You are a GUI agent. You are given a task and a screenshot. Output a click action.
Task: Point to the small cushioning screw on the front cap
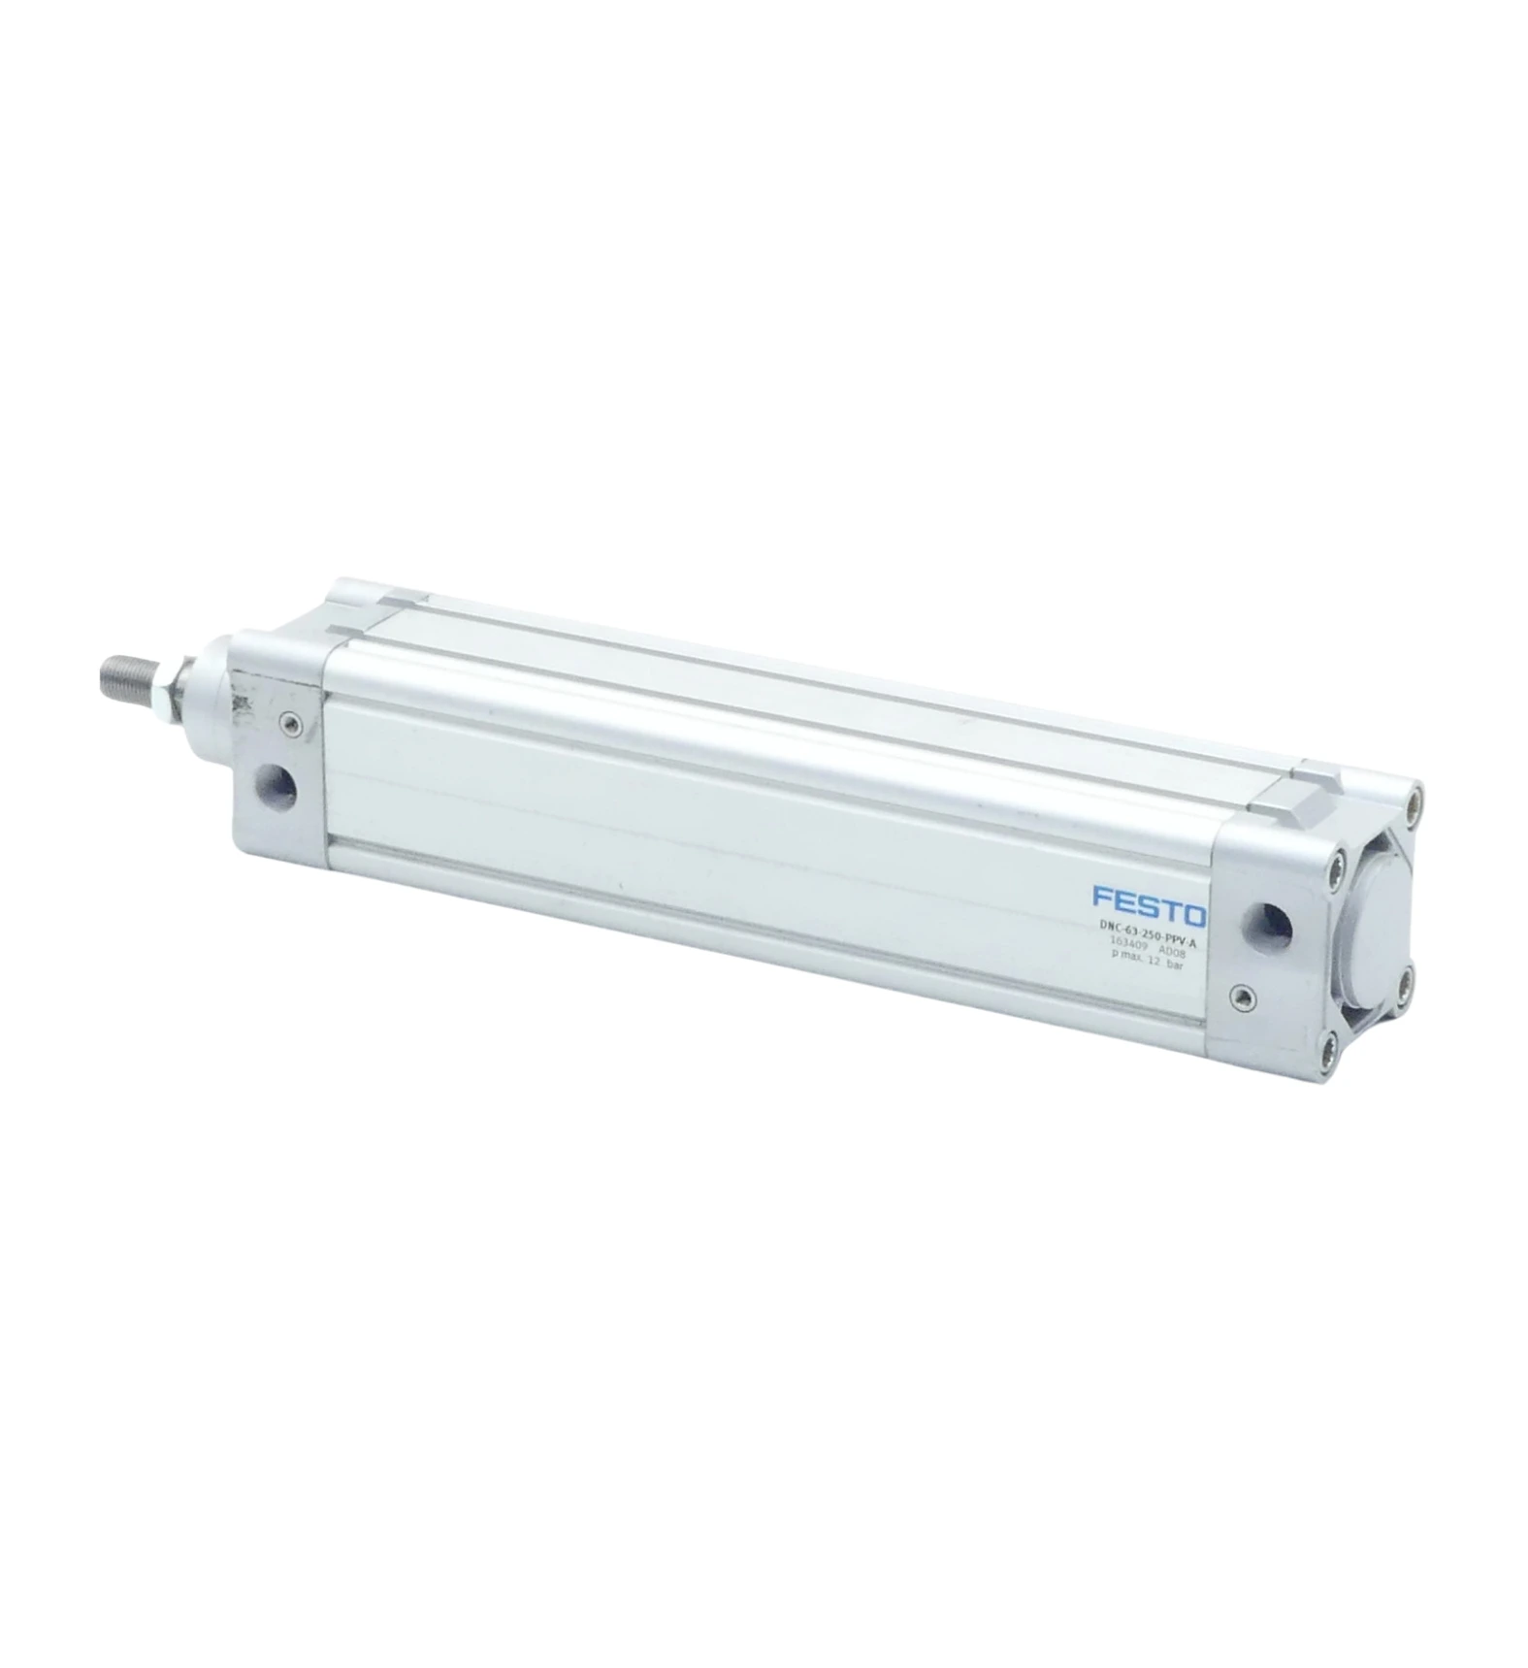point(289,721)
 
